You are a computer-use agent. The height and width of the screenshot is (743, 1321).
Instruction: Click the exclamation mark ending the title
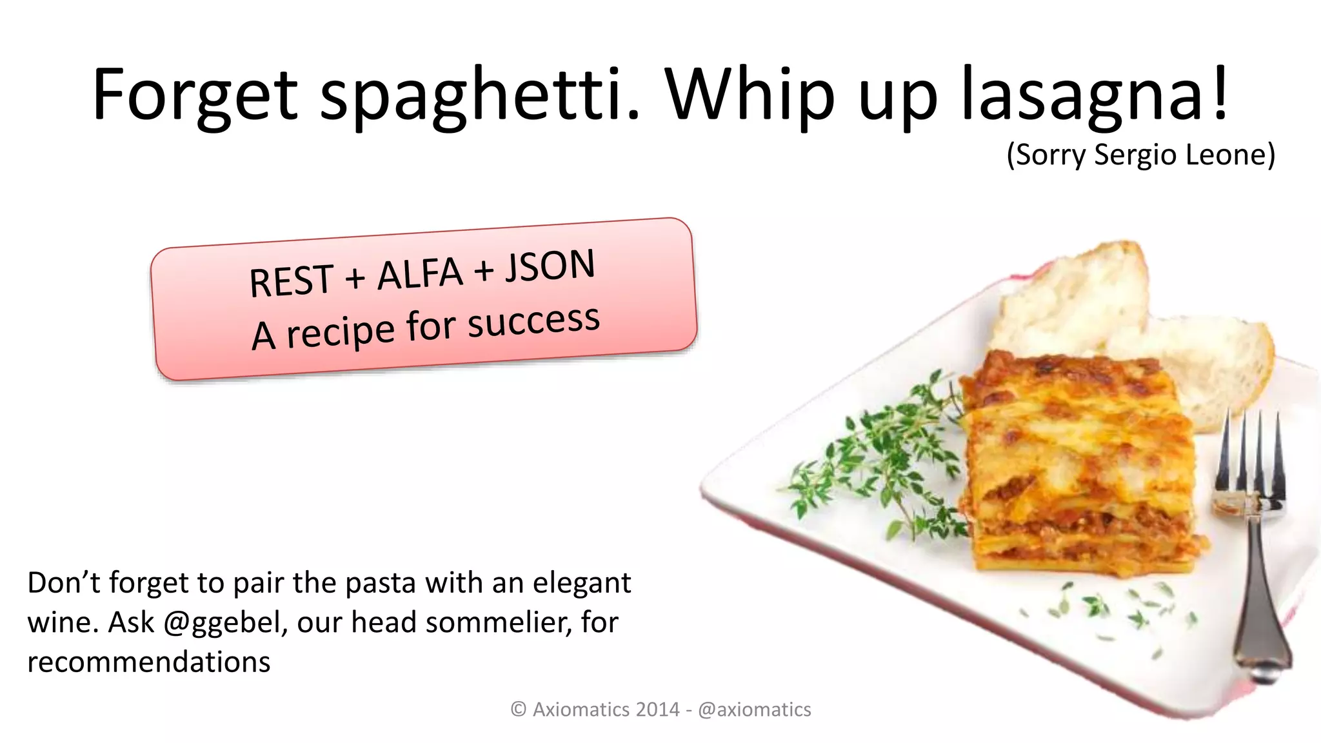click(1220, 94)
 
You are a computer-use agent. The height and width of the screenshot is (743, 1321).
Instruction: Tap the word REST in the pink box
click(291, 281)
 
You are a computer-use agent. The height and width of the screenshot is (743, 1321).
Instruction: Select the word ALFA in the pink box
click(420, 273)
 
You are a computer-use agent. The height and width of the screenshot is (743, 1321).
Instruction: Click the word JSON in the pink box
click(550, 266)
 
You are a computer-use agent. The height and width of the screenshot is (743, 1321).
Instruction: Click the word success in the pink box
click(533, 322)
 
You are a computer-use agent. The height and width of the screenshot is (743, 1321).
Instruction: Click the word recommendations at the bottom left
click(149, 662)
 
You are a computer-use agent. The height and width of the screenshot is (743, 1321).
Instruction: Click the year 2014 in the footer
click(657, 709)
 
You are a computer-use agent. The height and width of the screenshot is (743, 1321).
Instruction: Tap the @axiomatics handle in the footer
click(755, 709)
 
